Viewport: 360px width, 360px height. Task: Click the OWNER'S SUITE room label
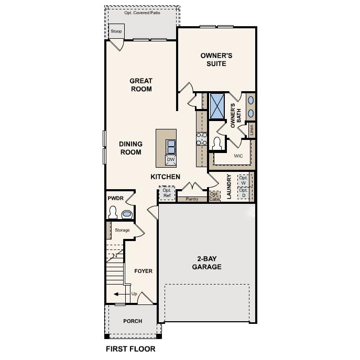coord(216,59)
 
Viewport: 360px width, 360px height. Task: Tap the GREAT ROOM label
coord(141,85)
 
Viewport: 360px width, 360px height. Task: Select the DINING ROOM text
coord(130,148)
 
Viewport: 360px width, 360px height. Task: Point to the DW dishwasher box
coord(171,160)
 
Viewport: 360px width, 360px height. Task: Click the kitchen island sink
coord(171,145)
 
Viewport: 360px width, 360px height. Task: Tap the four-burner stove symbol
coord(201,138)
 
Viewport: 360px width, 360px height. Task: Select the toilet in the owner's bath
coord(217,143)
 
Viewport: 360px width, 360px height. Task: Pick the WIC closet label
coord(238,156)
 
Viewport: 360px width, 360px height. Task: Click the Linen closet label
coord(252,129)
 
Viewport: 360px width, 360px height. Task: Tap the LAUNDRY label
coord(229,187)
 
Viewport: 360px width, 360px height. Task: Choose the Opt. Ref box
coord(167,193)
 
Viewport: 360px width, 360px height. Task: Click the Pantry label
coord(192,199)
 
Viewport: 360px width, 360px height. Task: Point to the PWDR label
coord(115,199)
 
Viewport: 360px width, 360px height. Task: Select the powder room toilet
coord(113,213)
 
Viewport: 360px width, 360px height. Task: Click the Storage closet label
coord(122,230)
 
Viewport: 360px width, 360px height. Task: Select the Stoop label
coord(116,31)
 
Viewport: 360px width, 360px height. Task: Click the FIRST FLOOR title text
coord(130,348)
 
